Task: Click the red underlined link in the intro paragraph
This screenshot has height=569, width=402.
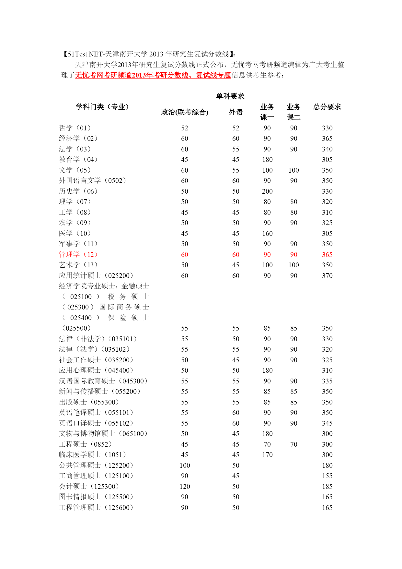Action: [153, 75]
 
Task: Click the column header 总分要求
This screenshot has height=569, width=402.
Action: [327, 107]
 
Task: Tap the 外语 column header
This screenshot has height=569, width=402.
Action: [235, 112]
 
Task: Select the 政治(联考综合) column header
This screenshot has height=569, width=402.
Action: [184, 112]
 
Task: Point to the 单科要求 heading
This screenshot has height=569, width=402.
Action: [230, 96]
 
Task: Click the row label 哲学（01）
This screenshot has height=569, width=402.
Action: [75, 128]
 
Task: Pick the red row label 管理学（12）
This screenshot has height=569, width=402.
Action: [78, 255]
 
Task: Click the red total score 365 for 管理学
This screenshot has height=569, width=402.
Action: [327, 255]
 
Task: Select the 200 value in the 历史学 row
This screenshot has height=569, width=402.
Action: [267, 191]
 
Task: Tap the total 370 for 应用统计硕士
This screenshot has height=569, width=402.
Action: [327, 276]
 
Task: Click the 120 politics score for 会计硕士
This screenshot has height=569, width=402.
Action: [185, 487]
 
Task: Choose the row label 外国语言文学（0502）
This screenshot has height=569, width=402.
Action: [92, 181]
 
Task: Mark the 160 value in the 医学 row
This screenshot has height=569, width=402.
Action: [267, 234]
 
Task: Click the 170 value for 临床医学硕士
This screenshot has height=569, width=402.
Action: [267, 455]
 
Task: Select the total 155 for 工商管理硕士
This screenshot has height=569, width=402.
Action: [327, 476]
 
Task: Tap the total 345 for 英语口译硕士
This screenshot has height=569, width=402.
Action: [327, 423]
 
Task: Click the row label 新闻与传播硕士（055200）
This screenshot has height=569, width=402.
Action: [99, 392]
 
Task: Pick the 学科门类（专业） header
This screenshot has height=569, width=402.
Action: [102, 107]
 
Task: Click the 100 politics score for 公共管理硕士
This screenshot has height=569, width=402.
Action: [185, 466]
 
